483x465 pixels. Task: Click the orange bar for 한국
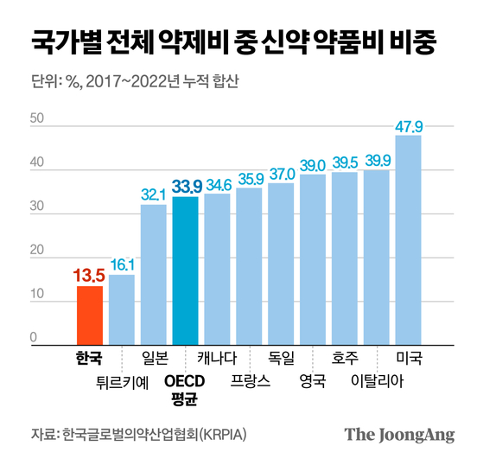89,315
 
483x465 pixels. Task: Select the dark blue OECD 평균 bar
185,271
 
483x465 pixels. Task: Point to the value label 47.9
409,126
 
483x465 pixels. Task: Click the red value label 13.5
89,277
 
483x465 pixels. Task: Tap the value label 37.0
281,174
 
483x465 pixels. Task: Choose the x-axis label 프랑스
249,379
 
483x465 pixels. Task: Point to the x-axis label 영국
313,379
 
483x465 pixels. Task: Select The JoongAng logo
399,434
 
